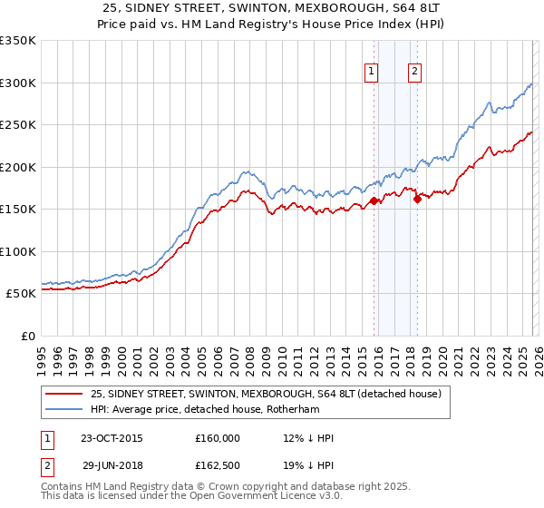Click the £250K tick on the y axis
[x=17, y=125]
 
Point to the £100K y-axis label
[x=17, y=251]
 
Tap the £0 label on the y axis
[x=26, y=336]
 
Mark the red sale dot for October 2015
[x=374, y=201]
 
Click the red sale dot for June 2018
[x=417, y=200]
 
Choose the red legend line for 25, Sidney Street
[x=64, y=394]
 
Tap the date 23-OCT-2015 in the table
[x=112, y=438]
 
